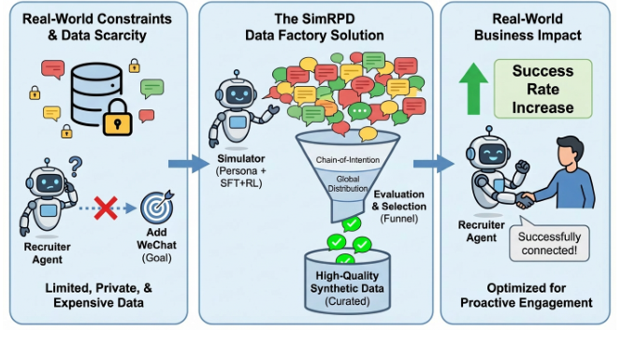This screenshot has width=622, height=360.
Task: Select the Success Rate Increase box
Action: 542,89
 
